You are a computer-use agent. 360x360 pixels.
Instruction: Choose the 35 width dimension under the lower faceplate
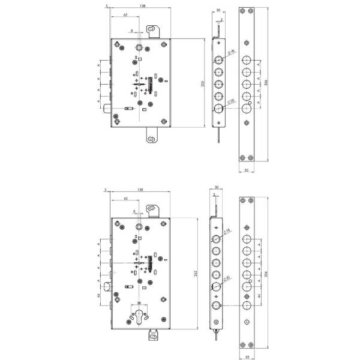tap(247, 356)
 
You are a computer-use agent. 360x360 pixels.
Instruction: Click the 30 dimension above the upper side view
tap(218, 10)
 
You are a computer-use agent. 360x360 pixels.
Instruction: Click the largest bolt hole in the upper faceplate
tap(247, 110)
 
